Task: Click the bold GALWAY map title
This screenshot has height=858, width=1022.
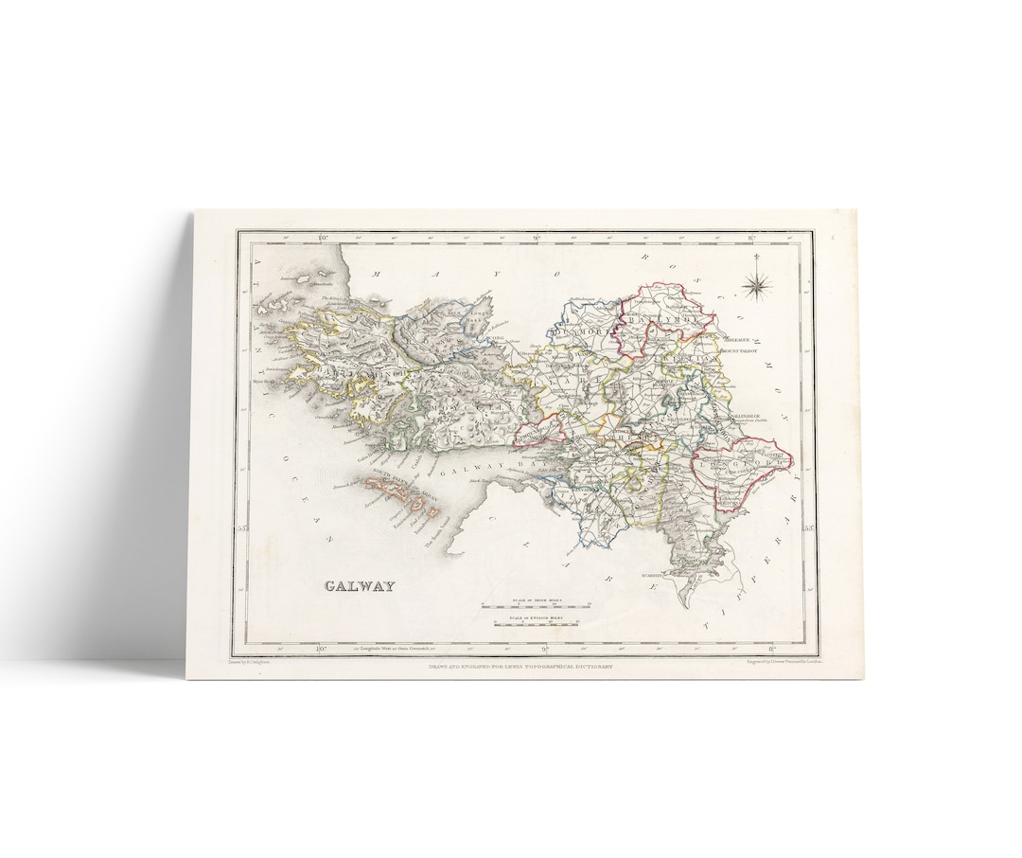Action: coord(360,585)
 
